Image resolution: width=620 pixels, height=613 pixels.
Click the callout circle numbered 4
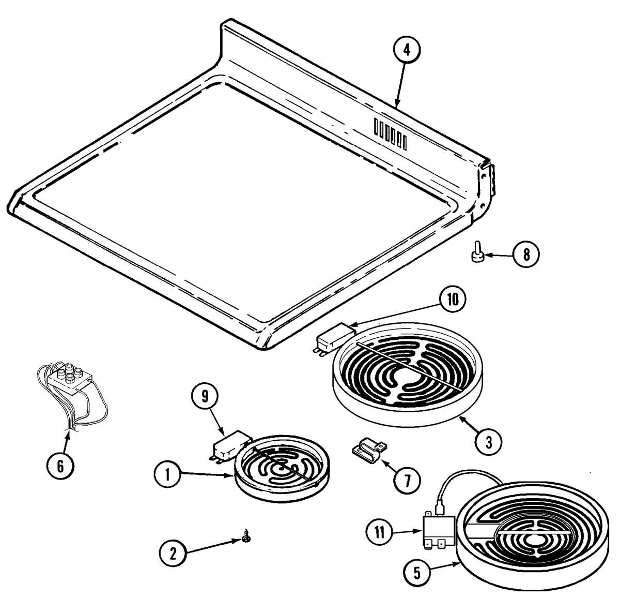point(406,50)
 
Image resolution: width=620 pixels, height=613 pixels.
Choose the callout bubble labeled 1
point(167,475)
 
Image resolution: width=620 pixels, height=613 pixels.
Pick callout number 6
point(60,466)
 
